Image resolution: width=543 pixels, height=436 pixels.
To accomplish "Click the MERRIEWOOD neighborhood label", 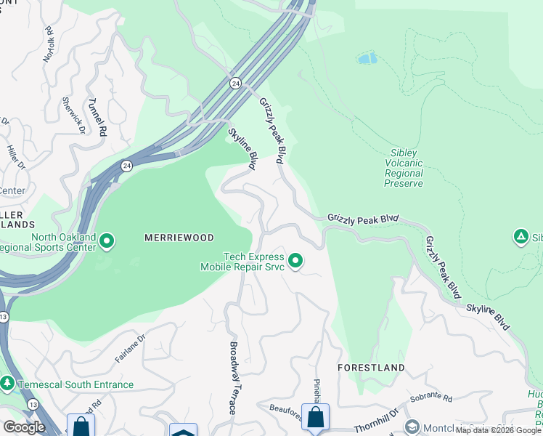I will (x=179, y=238).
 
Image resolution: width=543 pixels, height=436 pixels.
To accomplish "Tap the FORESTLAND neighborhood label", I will (x=370, y=368).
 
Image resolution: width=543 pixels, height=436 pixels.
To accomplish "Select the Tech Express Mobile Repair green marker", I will (x=295, y=260).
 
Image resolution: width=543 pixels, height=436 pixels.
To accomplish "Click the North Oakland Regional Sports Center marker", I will (x=107, y=241).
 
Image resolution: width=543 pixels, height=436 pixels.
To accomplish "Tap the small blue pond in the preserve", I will (x=367, y=58).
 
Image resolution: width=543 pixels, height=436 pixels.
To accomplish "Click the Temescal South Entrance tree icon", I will (x=7, y=382).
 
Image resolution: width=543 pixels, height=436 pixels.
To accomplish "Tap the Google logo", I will (x=24, y=427).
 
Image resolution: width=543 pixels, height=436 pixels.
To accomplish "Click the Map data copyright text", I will (x=498, y=430).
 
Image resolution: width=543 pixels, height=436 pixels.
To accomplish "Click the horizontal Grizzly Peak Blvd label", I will (x=363, y=218).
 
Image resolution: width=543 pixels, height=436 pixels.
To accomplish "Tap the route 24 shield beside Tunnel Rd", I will (x=126, y=165).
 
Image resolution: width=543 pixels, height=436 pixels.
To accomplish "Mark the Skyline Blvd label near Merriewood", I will (x=243, y=148).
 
